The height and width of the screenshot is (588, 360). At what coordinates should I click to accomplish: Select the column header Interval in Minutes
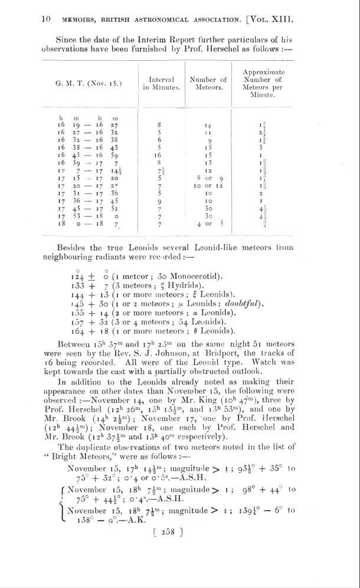click(x=160, y=83)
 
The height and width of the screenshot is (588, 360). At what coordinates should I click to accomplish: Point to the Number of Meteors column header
click(x=208, y=83)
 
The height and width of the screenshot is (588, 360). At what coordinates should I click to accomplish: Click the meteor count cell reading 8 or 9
click(x=209, y=176)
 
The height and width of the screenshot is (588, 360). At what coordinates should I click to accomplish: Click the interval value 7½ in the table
click(x=159, y=170)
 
